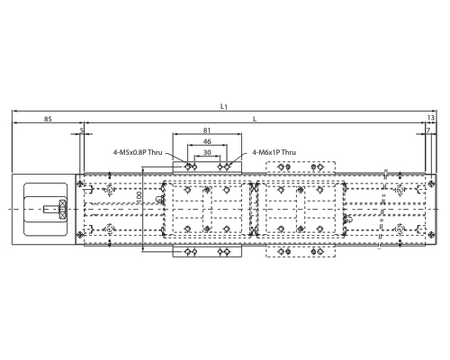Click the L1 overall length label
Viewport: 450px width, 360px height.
pyautogui.click(x=224, y=106)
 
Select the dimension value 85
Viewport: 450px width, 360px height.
pyautogui.click(x=48, y=119)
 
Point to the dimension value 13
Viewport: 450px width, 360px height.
pyautogui.click(x=430, y=118)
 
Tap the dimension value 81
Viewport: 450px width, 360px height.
pyautogui.click(x=207, y=130)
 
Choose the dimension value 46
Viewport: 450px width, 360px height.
pyautogui.click(x=207, y=141)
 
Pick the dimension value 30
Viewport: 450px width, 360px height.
pyautogui.click(x=207, y=152)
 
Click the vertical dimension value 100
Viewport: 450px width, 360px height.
pyautogui.click(x=139, y=198)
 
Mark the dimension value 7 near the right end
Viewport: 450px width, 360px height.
pyautogui.click(x=428, y=130)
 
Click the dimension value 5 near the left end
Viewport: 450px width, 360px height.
pyautogui.click(x=81, y=130)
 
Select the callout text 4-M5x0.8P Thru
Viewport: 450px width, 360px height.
pyautogui.click(x=138, y=152)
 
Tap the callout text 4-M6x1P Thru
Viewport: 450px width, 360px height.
pyautogui.click(x=274, y=152)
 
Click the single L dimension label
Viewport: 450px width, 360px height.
pyautogui.click(x=255, y=119)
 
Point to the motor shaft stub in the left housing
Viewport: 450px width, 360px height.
pyautogui.click(x=51, y=209)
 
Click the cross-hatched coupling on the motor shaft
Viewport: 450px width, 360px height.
pyautogui.click(x=63, y=209)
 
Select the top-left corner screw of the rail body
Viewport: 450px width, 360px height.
pyautogui.click(x=80, y=184)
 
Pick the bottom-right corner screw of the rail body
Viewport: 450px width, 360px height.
pyautogui.click(x=431, y=234)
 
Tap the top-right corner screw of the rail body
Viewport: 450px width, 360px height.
pyautogui.click(x=431, y=183)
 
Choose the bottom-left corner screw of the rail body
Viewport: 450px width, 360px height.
pyautogui.click(x=80, y=234)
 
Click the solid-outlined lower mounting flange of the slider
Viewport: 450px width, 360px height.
pyautogui.click(x=207, y=251)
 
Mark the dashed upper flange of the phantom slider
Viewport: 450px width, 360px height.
pyautogui.click(x=301, y=167)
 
